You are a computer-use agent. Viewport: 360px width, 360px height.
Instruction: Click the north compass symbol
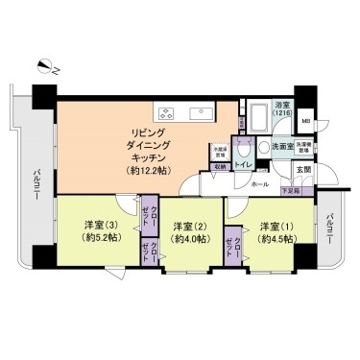pos(44,65)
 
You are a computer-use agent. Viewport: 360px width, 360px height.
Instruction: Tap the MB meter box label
pos(305,121)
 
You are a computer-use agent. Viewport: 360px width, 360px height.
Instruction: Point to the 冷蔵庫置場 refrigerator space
pos(220,151)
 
